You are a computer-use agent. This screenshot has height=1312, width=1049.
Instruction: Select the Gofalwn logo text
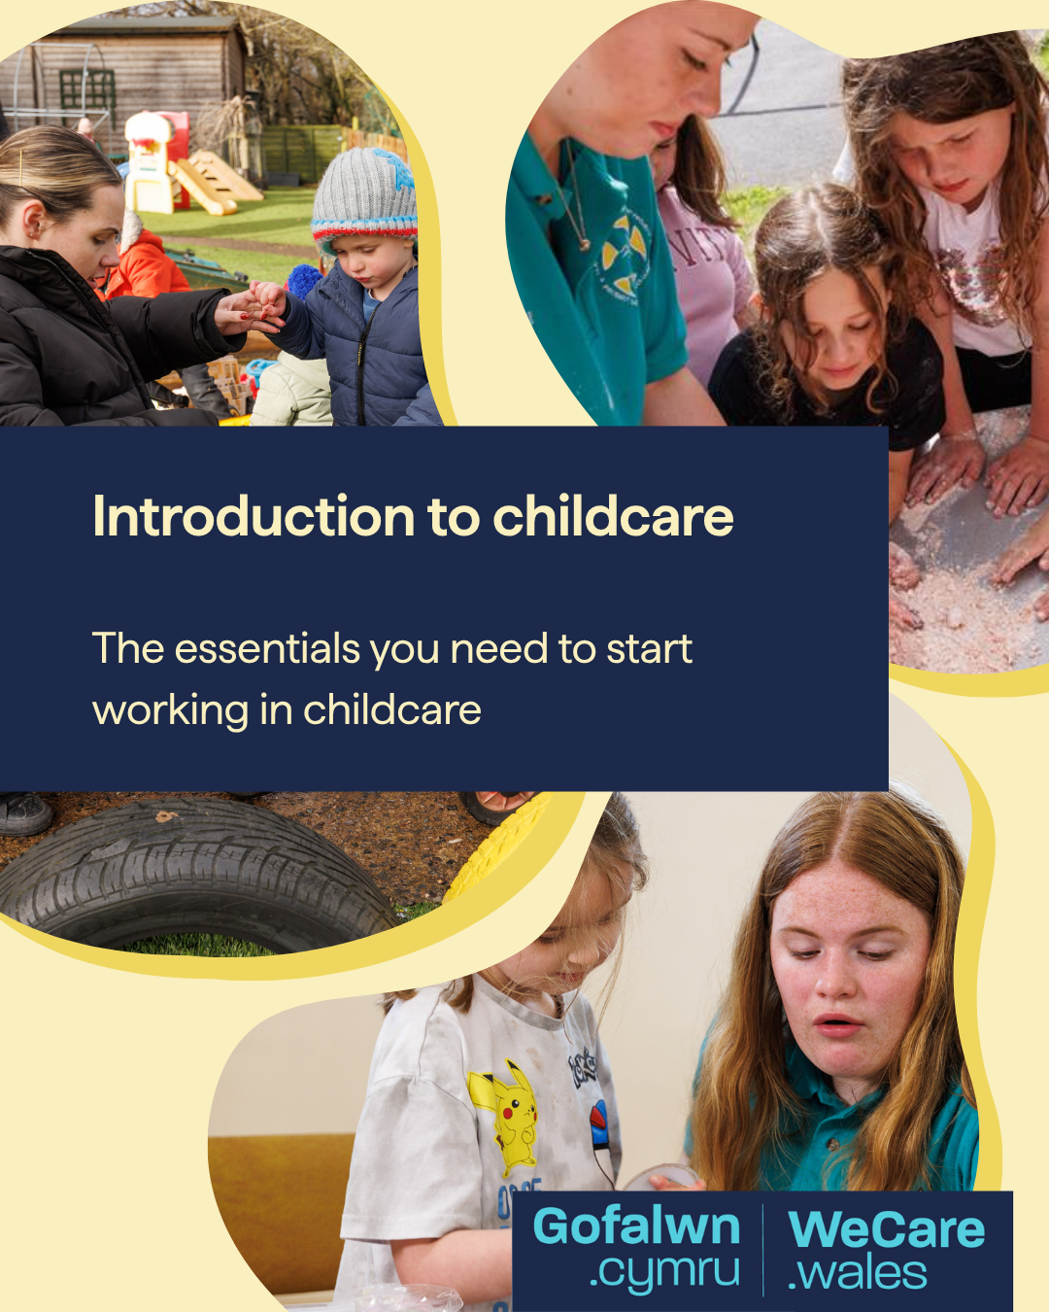click(636, 1226)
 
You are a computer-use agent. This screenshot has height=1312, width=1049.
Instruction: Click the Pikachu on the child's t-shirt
click(507, 1118)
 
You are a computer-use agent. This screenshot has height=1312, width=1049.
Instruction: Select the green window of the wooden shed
click(87, 97)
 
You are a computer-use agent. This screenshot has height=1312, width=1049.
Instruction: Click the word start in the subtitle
click(649, 648)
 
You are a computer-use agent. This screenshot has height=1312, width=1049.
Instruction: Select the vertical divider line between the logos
click(763, 1250)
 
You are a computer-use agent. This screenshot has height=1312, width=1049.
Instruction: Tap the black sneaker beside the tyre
click(25, 812)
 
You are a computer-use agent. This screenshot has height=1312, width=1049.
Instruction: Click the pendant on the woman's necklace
click(585, 245)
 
